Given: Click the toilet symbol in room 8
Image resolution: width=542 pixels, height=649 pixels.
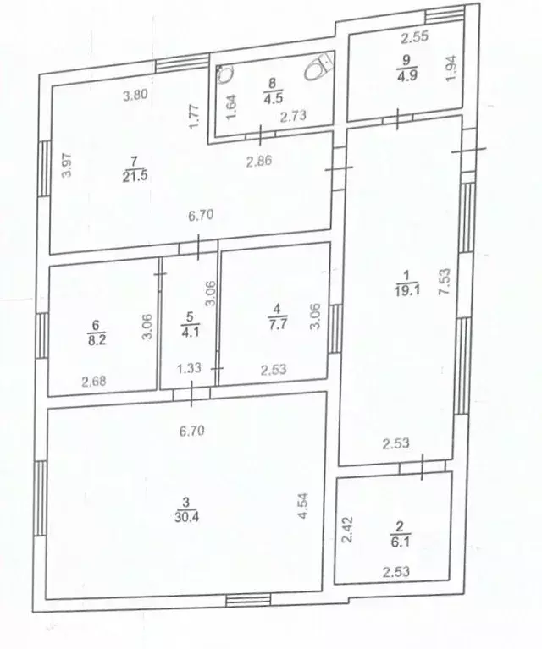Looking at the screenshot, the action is pyautogui.click(x=318, y=69).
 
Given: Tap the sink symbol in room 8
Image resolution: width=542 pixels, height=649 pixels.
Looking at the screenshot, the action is pyautogui.click(x=224, y=74).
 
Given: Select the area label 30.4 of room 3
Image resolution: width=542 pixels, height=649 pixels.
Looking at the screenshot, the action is pyautogui.click(x=186, y=517).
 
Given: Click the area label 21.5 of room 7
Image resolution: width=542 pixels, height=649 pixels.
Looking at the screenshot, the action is pyautogui.click(x=135, y=177).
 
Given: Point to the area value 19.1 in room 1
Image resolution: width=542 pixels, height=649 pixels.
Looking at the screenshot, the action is pyautogui.click(x=407, y=289).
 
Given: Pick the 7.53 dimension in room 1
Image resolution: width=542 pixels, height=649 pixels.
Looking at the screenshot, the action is pyautogui.click(x=445, y=282).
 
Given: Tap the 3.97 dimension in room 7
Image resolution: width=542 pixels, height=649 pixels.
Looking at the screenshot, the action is pyautogui.click(x=67, y=165).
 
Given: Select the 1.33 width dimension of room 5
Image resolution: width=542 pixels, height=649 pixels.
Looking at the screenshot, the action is pyautogui.click(x=190, y=367).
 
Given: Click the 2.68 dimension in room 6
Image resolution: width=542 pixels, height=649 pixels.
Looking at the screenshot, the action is pyautogui.click(x=94, y=381).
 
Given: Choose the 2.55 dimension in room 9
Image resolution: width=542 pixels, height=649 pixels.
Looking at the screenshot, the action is pyautogui.click(x=414, y=37).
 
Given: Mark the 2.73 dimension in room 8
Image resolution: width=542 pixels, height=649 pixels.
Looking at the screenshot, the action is pyautogui.click(x=293, y=116).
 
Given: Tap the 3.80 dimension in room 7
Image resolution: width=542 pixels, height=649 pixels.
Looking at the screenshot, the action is pyautogui.click(x=135, y=96).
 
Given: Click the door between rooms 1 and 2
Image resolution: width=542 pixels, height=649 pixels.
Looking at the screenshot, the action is pyautogui.click(x=423, y=466).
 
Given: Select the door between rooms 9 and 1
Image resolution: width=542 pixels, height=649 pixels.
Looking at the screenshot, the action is pyautogui.click(x=398, y=119).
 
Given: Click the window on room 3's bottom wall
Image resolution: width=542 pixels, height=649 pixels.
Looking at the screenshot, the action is pyautogui.click(x=248, y=600).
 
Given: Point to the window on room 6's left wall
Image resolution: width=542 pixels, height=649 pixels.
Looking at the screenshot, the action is pyautogui.click(x=41, y=336).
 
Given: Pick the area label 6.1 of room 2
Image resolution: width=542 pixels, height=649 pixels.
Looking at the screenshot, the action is pyautogui.click(x=401, y=542).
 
